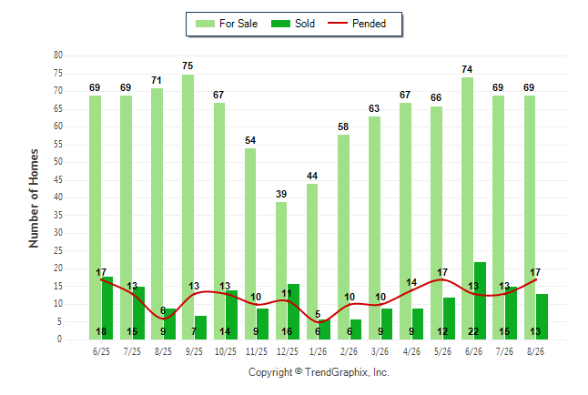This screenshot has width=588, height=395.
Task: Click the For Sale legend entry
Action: [227, 24]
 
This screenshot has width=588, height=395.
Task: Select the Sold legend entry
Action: [293, 24]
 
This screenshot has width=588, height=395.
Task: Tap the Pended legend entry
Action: [357, 24]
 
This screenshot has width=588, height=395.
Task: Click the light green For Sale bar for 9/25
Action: [188, 208]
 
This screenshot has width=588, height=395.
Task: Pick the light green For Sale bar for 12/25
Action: [281, 271]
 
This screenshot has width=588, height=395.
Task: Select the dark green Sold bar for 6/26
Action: [480, 301]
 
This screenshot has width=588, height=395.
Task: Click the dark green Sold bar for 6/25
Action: [107, 308]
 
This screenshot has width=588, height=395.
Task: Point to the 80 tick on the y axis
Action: [58, 56]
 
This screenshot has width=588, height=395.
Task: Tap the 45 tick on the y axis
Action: [58, 179]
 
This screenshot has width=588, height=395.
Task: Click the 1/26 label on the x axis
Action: [318, 351]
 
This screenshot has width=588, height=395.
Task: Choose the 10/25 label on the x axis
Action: [226, 351]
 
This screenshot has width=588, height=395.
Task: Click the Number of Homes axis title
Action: [34, 198]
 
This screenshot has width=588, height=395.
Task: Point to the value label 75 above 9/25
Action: [188, 66]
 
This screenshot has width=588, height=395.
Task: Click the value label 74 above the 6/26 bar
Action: [467, 69]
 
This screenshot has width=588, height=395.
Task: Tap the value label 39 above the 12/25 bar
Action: [281, 194]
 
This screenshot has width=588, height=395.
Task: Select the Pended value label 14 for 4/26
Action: [411, 282]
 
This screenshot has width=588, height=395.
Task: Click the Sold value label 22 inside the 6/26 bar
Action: [473, 331]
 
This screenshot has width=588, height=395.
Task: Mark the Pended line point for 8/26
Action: [535, 279]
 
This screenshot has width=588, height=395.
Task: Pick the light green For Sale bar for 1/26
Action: [312, 262]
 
